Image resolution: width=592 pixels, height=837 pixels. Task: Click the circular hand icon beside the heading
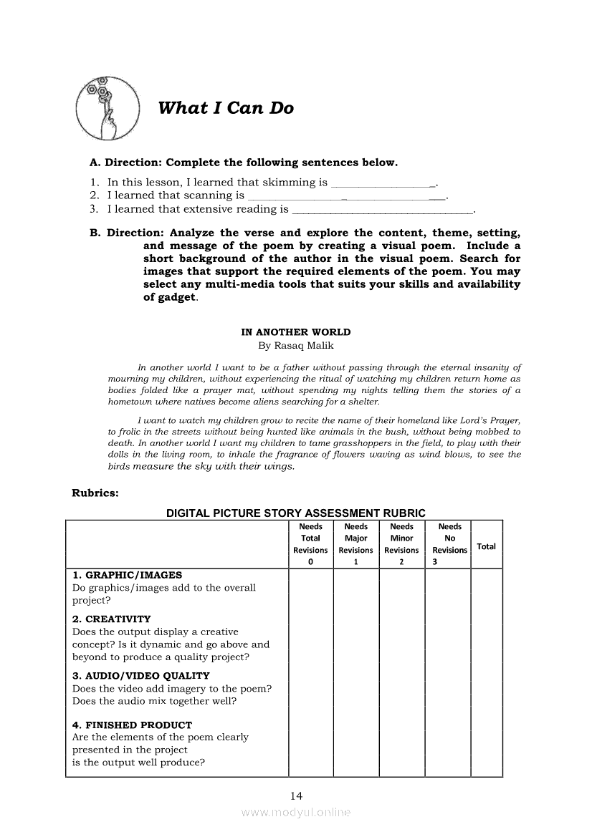pos(108,110)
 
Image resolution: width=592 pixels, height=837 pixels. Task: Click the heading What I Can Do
pos(226,108)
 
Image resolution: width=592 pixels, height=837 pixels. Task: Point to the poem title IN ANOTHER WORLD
pos(296,332)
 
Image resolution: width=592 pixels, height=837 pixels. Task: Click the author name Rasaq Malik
pos(296,345)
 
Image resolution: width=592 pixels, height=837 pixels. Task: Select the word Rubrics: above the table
pos(95,493)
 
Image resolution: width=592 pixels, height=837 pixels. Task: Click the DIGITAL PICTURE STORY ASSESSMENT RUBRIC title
pos(296,513)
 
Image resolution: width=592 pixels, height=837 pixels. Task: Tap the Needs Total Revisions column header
pos(310,544)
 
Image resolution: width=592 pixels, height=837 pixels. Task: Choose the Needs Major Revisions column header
pos(355,544)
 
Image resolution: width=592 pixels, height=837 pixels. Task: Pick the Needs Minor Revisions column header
pos(401,544)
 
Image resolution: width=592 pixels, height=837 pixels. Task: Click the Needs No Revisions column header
pos(449,544)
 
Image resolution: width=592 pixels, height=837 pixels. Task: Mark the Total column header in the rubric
pos(486,546)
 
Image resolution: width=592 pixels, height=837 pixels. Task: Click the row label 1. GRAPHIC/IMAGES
pos(127,575)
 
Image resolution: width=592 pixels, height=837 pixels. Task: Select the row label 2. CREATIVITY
pos(112,619)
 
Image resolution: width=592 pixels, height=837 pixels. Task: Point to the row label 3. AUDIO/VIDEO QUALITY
pos(140,675)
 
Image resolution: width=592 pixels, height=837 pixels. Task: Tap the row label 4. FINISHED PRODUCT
pos(132,725)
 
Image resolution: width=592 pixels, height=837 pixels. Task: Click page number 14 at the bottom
pos(296,795)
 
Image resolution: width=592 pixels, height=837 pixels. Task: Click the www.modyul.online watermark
pos(296,813)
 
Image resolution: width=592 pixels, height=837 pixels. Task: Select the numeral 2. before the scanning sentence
pos(94,195)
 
